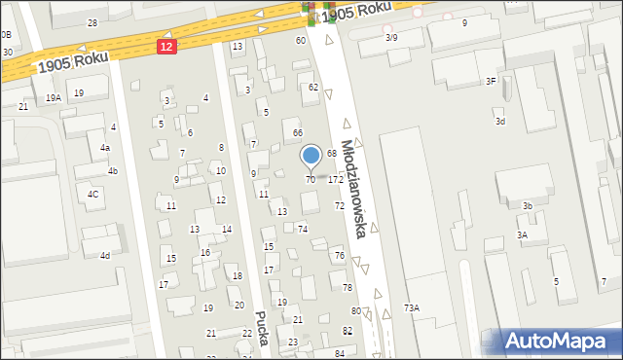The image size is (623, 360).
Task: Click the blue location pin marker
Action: [x=311, y=156]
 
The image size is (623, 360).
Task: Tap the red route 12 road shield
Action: [x=167, y=47]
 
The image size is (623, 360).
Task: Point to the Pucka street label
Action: [x=261, y=326]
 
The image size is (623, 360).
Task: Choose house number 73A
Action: [x=412, y=307]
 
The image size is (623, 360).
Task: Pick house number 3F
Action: [x=492, y=82]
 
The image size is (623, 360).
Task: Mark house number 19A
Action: [x=53, y=97]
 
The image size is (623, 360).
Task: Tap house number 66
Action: [x=298, y=132]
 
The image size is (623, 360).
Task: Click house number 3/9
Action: [x=391, y=37]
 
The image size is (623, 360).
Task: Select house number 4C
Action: [x=93, y=194]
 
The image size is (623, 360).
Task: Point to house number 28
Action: [x=92, y=22]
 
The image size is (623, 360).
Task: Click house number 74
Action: [x=303, y=228]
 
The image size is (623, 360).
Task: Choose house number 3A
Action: [x=522, y=234]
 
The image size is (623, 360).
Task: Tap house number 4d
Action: [x=104, y=255]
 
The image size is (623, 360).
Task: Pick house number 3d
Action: [x=499, y=121]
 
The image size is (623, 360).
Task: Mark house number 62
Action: [x=313, y=87]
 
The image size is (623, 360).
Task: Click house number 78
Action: [x=348, y=287]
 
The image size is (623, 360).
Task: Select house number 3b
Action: [x=527, y=205]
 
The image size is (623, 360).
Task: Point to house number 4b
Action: [x=113, y=171]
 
